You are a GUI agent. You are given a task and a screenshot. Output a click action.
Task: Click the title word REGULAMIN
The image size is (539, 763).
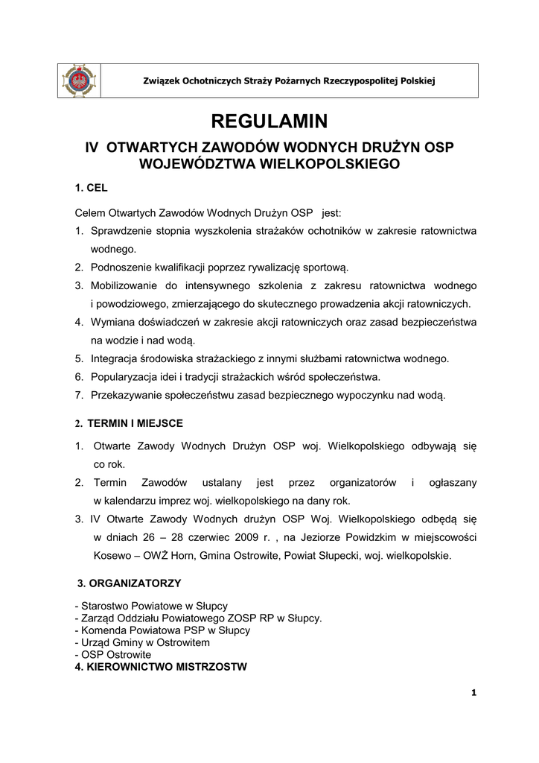[269, 121]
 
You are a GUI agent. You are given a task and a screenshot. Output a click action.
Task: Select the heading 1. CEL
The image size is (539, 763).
[92, 189]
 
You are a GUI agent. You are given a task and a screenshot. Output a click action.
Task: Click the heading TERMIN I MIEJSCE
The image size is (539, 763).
[135, 423]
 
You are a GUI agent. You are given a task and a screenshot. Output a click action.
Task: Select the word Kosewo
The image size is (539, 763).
[111, 555]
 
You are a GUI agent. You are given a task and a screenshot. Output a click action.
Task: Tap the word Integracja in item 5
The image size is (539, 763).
[115, 358]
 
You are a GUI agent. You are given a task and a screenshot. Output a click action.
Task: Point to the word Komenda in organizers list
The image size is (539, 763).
[102, 630]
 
